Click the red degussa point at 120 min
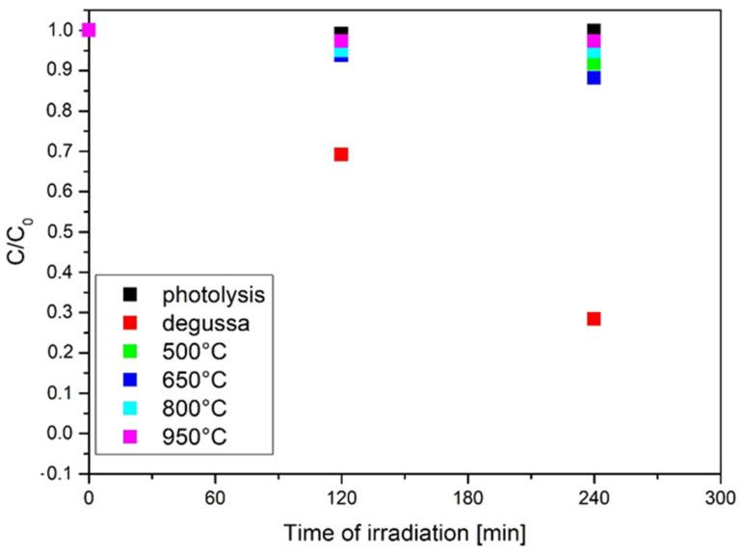[340, 154]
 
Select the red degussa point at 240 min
[594, 319]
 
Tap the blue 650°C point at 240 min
[594, 78]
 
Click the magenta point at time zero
[89, 30]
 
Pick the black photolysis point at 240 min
[594, 29]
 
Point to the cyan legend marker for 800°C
[130, 408]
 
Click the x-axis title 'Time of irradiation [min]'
[405, 531]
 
